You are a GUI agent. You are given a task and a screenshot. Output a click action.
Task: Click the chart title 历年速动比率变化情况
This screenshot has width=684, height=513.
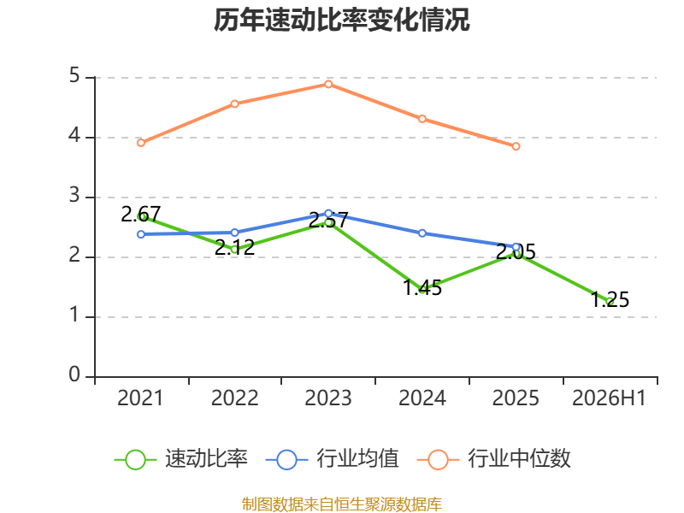[x=341, y=20]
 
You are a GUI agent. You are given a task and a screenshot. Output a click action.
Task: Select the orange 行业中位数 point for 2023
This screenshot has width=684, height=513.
[x=328, y=84]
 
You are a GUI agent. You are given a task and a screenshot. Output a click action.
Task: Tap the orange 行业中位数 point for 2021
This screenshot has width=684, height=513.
[x=141, y=143]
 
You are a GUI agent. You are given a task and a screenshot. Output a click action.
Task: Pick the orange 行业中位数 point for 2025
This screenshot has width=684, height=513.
[x=516, y=146]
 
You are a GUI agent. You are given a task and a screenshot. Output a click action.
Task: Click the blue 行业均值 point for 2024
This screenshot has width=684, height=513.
[x=422, y=233]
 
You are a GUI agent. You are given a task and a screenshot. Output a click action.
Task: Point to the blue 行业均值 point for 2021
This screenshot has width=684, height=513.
[x=141, y=234]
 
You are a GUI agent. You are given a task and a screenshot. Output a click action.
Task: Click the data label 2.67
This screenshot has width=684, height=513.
[x=141, y=215]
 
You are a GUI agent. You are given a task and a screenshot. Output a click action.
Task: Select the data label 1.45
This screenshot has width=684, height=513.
[x=422, y=288]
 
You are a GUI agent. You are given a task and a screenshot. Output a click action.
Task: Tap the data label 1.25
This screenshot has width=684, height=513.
[x=610, y=300]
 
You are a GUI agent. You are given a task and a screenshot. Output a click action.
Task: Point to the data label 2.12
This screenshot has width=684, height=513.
[x=234, y=247]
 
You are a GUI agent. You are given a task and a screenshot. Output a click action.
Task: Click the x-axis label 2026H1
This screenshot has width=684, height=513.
[x=609, y=398]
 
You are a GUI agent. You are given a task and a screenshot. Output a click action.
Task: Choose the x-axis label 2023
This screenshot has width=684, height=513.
[x=328, y=398]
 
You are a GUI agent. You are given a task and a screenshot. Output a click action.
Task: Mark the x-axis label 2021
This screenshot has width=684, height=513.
[x=140, y=398]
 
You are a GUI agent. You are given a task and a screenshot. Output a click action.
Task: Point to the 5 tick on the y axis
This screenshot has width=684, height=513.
[x=74, y=76]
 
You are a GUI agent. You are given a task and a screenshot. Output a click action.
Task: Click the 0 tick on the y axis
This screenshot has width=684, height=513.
[x=74, y=374]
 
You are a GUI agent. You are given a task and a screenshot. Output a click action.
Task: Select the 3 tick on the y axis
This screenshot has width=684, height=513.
[x=74, y=196]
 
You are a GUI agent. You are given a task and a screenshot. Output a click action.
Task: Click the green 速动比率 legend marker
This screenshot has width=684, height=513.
[x=135, y=460]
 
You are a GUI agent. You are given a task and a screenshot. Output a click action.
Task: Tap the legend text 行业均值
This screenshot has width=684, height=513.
[x=357, y=458]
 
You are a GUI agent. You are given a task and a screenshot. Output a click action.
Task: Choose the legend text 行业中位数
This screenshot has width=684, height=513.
[x=519, y=458]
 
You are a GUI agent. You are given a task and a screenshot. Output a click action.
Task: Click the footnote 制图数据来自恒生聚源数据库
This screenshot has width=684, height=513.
[x=342, y=504]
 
